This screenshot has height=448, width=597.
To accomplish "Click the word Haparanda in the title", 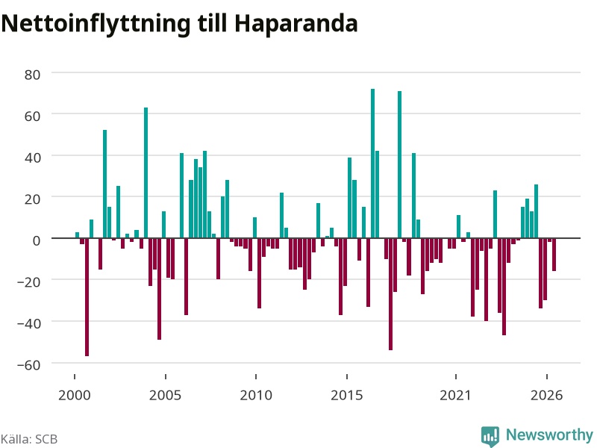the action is click(296, 24).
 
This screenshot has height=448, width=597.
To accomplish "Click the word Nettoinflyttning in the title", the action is click(96, 25).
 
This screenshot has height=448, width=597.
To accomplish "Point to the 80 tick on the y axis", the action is click(32, 75).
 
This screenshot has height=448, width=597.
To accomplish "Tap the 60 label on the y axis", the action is click(32, 116).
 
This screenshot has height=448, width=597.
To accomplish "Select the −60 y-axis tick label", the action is click(28, 365).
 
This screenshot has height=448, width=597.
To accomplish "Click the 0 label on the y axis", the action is click(37, 240).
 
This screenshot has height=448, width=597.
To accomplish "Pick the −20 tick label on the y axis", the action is click(28, 282).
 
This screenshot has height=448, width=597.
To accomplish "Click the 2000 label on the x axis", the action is click(74, 395).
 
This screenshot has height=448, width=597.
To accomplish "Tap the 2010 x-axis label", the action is click(256, 395).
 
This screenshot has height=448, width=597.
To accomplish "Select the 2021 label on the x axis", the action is click(455, 395).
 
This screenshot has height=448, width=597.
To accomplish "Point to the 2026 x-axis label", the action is click(546, 395).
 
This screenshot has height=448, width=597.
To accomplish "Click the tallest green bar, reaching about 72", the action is click(372, 164).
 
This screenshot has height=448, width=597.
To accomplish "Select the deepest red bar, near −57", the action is click(87, 297).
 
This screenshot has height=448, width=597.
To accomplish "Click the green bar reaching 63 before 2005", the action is click(146, 173).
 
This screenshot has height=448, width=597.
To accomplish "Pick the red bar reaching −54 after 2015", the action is click(390, 294).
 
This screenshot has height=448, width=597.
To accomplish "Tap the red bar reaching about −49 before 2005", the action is click(159, 289).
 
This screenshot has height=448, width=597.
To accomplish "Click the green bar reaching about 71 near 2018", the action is click(400, 164).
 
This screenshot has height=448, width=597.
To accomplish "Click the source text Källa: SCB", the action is click(29, 439).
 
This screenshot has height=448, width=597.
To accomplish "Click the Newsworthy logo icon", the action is click(490, 436).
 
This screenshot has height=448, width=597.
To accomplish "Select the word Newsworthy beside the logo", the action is click(549, 435).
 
